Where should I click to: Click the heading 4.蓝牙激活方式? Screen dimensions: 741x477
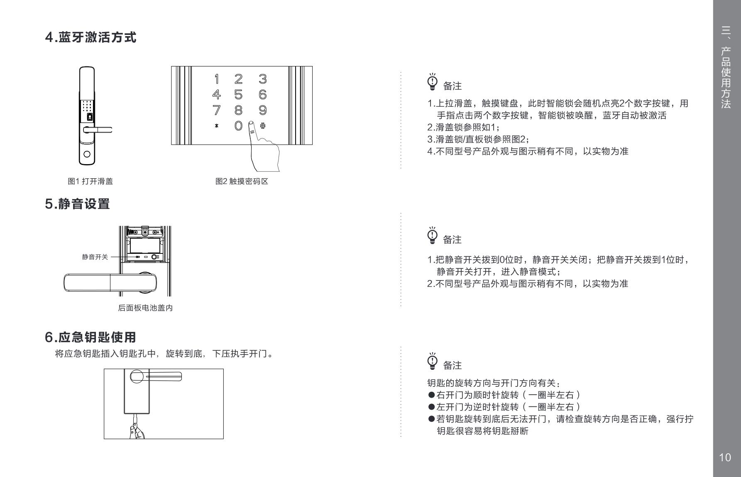click(x=90, y=37)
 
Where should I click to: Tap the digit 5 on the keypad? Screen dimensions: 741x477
click(x=238, y=95)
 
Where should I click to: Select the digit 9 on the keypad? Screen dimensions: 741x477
click(x=262, y=110)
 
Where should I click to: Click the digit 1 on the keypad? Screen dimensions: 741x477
click(x=216, y=79)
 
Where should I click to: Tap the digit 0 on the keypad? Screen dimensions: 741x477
click(x=238, y=126)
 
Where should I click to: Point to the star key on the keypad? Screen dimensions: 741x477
click(x=216, y=126)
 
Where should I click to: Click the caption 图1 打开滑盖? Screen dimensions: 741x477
click(x=90, y=181)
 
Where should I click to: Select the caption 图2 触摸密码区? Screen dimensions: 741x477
click(x=242, y=181)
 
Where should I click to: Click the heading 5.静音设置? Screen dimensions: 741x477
click(x=77, y=204)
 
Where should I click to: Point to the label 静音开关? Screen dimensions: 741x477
click(x=95, y=257)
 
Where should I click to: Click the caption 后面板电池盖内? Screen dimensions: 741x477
click(x=145, y=308)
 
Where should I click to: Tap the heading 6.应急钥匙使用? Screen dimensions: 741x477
click(x=90, y=337)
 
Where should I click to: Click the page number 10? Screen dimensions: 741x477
click(x=725, y=457)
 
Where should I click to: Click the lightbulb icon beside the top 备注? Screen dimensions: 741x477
click(x=433, y=81)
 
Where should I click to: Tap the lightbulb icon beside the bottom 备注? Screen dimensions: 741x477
click(x=433, y=361)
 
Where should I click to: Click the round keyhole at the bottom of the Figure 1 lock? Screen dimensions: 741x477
click(x=87, y=154)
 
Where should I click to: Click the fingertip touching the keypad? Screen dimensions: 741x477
click(x=251, y=124)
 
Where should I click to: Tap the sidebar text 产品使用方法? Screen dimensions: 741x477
click(x=726, y=78)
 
